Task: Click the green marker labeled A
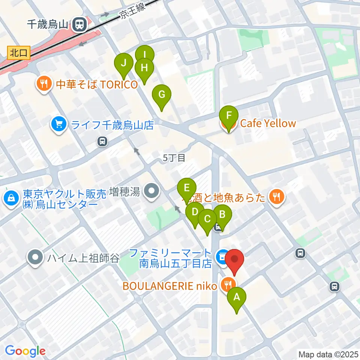coord(237,298)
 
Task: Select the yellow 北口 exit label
coord(18,53)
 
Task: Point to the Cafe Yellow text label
coord(268,123)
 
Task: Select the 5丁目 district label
coord(174,158)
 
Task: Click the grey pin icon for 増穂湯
coord(152,192)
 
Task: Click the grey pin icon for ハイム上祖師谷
coord(36,258)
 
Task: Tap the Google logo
coord(25,351)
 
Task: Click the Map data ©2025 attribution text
coord(328,354)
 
